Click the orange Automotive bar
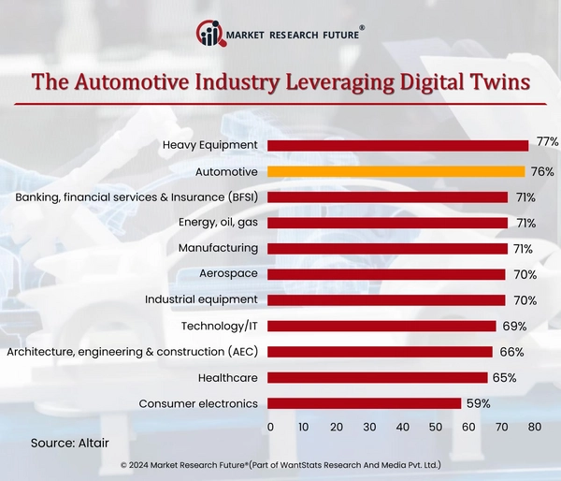point(396,171)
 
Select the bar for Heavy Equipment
point(397,145)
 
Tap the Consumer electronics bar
point(365,403)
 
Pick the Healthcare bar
point(378,377)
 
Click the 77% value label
point(548,142)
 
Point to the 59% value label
point(479,403)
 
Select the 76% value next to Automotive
point(542,171)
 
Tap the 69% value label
point(514,327)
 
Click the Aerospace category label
point(228,274)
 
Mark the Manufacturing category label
point(218,248)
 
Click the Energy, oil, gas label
point(217,223)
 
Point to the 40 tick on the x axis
point(403,427)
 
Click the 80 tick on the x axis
point(535,427)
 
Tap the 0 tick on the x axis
point(270,427)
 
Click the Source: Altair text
point(70,442)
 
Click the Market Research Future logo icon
point(211,34)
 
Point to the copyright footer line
point(280,464)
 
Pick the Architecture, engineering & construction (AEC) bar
point(381,352)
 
